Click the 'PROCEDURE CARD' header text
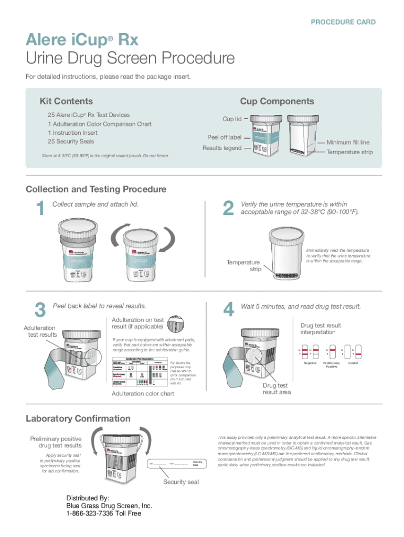tap(343, 22)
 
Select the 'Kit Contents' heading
tap(66, 101)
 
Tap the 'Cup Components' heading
tap(277, 101)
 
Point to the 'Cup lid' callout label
tap(232, 119)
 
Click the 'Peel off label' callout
tap(224, 137)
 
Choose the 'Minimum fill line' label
tap(348, 143)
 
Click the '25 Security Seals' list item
tap(72, 142)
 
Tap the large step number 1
tap(38, 209)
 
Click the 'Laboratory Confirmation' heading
tap(78, 418)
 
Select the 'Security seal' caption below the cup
tap(180, 482)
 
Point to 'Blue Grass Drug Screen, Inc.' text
tap(109, 506)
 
